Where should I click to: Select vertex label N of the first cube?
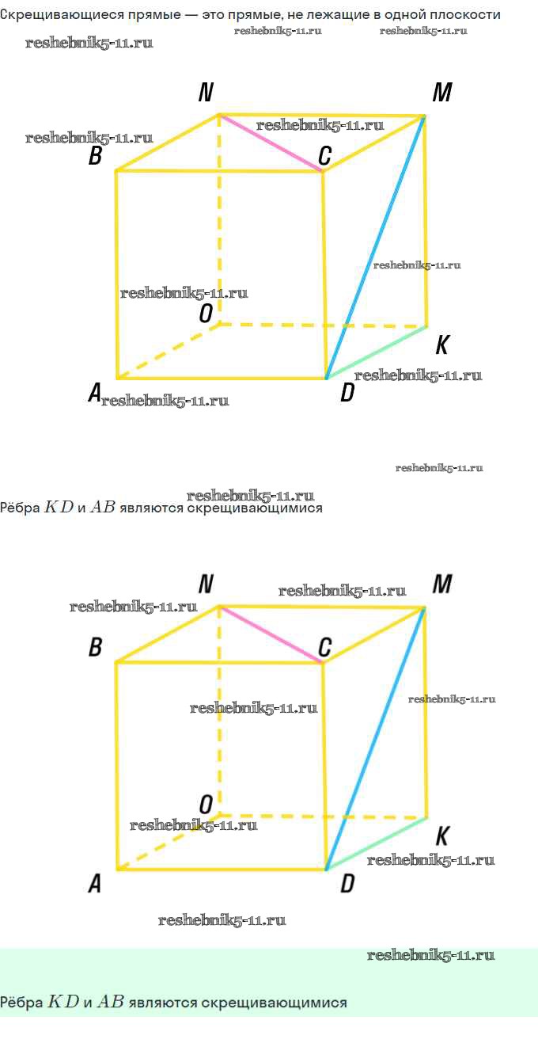(x=206, y=93)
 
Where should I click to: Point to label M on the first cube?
(x=441, y=93)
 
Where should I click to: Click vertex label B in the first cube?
(x=95, y=156)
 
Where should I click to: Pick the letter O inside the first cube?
(x=206, y=314)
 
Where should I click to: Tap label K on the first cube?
(x=442, y=345)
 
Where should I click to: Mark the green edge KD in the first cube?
(x=377, y=352)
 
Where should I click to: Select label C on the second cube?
(x=324, y=648)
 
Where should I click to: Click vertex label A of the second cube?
(x=94, y=883)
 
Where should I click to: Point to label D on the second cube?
(x=347, y=884)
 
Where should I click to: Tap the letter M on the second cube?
(x=441, y=585)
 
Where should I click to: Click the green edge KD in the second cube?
(x=377, y=843)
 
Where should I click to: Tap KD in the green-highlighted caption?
(x=63, y=1002)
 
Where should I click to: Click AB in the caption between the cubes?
(x=103, y=508)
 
